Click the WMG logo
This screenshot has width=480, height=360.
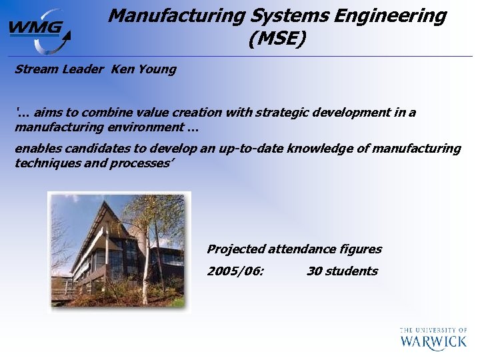click(x=39, y=29)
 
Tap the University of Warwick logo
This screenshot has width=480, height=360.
click(x=433, y=338)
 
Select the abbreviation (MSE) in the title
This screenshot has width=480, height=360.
click(x=277, y=40)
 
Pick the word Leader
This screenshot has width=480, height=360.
click(x=85, y=69)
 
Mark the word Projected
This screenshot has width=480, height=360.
click(x=235, y=249)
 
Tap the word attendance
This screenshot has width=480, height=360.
click(x=300, y=249)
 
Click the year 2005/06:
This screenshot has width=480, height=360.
click(x=235, y=271)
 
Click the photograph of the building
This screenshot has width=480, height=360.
click(x=119, y=252)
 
